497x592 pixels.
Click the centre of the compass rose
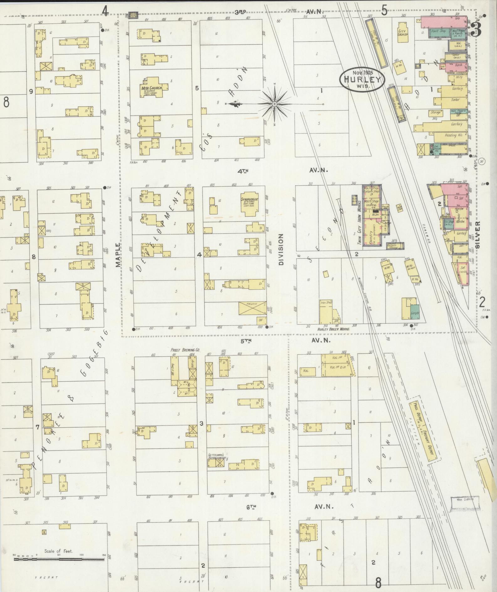pos(275,104)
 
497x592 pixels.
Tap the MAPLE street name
pos(118,255)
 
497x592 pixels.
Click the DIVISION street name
pos(281,249)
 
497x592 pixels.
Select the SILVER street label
pos(478,235)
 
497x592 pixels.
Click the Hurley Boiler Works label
pos(333,329)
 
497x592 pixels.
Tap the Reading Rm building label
pos(452,136)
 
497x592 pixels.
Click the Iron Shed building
pos(326,311)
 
